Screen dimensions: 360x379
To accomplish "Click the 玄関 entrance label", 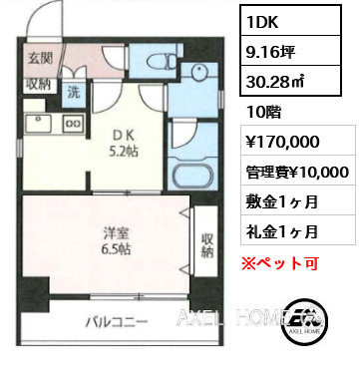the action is (x=40, y=59).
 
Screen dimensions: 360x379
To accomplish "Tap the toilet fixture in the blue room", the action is (x=162, y=61).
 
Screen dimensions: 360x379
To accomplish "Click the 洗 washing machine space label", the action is (x=74, y=92).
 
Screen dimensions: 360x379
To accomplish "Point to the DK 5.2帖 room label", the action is (x=124, y=144).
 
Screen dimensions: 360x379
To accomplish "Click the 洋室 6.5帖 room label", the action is (x=117, y=241).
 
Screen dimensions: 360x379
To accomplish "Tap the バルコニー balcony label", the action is (x=117, y=322).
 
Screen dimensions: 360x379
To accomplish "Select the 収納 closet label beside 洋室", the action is (x=207, y=245).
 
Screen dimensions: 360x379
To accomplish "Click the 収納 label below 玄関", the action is (x=39, y=85).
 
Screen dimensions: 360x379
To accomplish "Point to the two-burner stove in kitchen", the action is (x=74, y=123).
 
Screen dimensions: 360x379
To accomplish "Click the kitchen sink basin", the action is (x=38, y=124).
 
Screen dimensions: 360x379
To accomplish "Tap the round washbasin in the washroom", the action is (x=198, y=72).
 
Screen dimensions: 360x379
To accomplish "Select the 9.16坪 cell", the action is (x=270, y=52).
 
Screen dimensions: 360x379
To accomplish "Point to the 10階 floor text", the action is (x=263, y=113).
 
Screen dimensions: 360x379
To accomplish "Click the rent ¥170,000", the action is (x=282, y=142).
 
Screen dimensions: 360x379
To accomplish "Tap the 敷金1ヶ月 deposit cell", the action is (x=281, y=201).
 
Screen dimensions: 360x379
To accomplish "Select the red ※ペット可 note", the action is (x=280, y=263).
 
